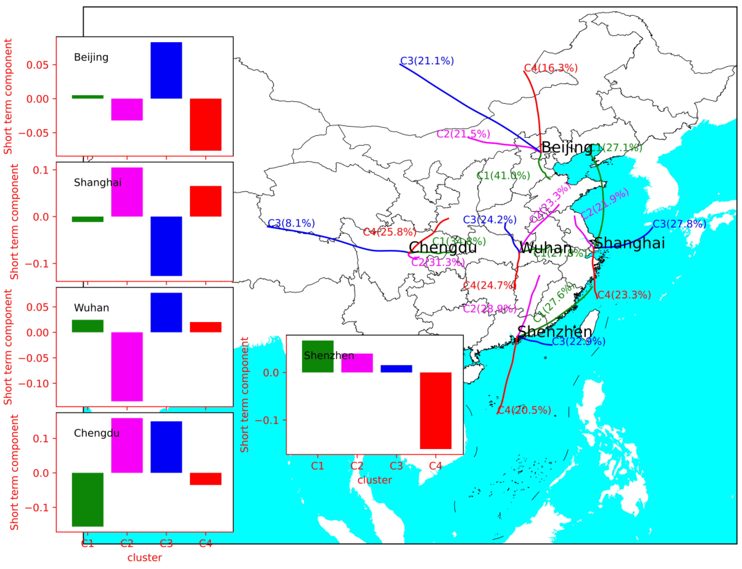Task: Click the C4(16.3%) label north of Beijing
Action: point(550,68)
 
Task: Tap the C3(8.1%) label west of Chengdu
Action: point(291,223)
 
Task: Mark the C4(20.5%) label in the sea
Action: point(524,410)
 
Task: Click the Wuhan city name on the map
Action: point(545,248)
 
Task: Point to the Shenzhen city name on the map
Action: point(555,332)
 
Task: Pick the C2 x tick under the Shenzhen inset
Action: point(357,466)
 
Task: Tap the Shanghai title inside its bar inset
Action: point(97,183)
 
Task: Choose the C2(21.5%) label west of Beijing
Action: point(463,134)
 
